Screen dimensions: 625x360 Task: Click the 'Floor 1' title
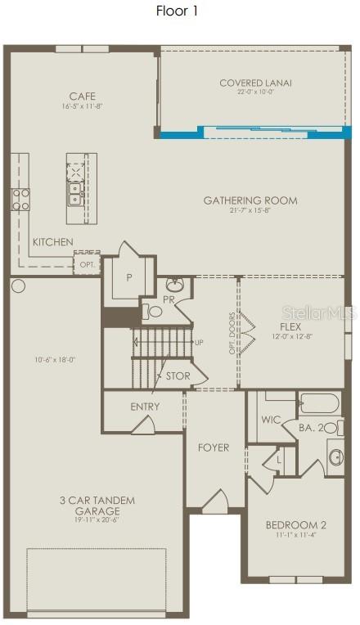tap(177, 11)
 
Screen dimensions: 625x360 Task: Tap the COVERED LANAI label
tap(255, 83)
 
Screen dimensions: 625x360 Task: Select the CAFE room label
tap(82, 97)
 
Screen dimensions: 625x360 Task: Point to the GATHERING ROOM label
tap(250, 200)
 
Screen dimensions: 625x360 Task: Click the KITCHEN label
tap(53, 242)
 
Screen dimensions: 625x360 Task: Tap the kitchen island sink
tap(75, 193)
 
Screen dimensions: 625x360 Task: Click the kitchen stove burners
tap(20, 199)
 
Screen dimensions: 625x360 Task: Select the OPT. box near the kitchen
tap(86, 265)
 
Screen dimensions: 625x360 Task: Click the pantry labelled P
tap(128, 277)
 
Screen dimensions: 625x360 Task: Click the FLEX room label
tap(290, 326)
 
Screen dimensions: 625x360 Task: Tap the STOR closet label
tap(178, 376)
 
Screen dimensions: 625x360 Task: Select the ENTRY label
tap(145, 407)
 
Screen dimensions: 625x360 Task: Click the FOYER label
tap(213, 447)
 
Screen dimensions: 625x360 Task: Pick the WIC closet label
tap(271, 420)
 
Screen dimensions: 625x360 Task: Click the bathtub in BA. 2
tap(320, 403)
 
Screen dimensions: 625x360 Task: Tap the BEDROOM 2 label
tap(296, 525)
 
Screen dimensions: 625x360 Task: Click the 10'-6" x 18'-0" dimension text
tap(55, 359)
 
